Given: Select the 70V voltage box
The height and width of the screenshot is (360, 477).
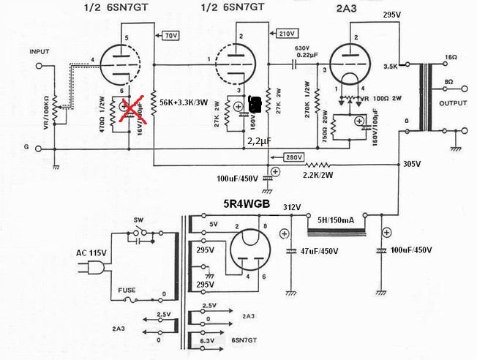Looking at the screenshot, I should coord(171,35).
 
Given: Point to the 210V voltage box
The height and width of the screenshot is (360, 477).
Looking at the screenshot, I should coord(288,33).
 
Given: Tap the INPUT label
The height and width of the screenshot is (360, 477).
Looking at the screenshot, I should coord(39,53).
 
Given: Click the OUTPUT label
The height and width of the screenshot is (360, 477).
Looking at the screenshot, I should coord(453,102).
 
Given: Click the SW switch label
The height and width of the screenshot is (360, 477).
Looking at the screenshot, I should coord(139,220).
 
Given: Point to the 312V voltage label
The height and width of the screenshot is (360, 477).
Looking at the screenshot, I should coord(292,208).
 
